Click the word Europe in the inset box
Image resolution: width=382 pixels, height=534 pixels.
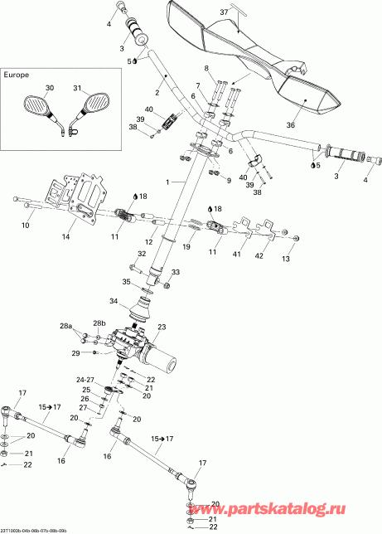click(17, 75)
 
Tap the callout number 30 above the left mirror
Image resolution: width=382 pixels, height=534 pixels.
click(48, 88)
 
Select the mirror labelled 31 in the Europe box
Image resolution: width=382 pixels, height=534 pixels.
click(94, 104)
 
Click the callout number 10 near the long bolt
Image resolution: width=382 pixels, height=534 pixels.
click(24, 226)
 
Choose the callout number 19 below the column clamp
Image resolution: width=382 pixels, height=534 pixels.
click(187, 247)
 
